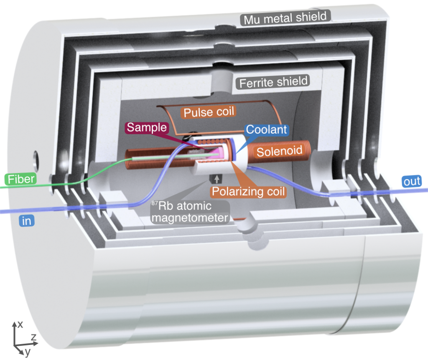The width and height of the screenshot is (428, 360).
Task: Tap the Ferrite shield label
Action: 273,82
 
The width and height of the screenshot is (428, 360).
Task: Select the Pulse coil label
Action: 209,112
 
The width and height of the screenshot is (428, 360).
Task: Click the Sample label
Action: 147,127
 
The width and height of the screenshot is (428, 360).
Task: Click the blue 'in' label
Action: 26,221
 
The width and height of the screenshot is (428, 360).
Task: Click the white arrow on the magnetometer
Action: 216,179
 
